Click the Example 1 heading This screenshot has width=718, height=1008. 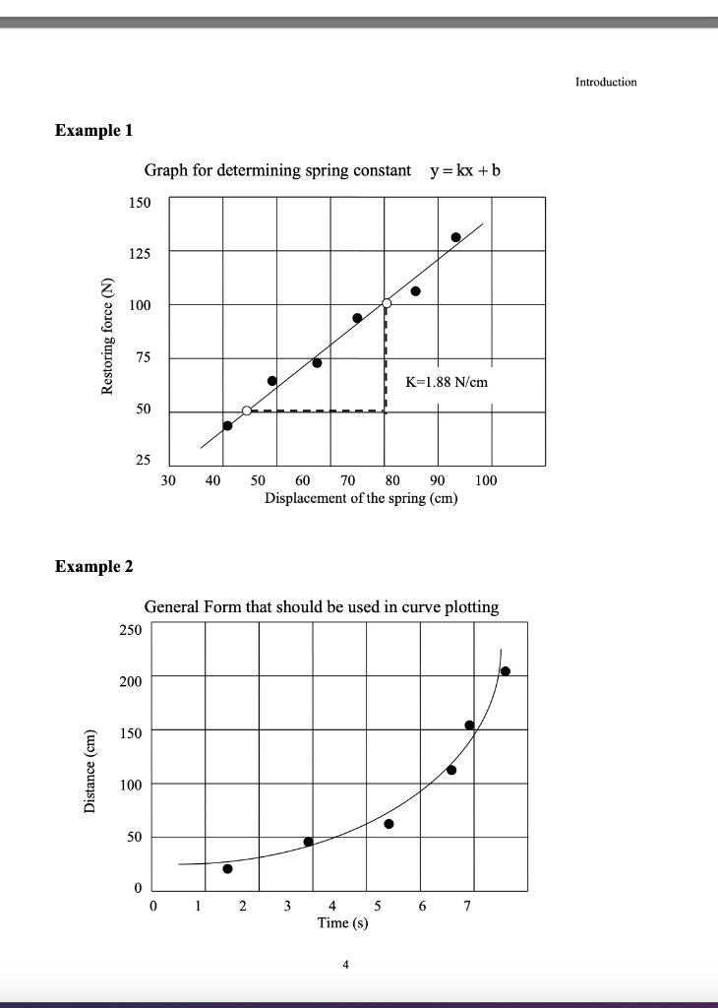pyautogui.click(x=94, y=130)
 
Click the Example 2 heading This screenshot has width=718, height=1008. pyautogui.click(x=94, y=566)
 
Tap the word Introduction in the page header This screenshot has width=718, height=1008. pyautogui.click(x=606, y=82)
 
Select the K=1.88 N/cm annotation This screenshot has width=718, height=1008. pyautogui.click(x=447, y=382)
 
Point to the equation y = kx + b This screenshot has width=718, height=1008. pyautogui.click(x=465, y=170)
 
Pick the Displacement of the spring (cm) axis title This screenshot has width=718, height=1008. pyautogui.click(x=361, y=498)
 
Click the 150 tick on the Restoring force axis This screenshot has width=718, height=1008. pyautogui.click(x=140, y=202)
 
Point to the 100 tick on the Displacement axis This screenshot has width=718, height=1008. pyautogui.click(x=486, y=480)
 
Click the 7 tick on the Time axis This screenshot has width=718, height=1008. pyautogui.click(x=468, y=906)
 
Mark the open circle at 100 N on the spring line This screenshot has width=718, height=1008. pyautogui.click(x=387, y=303)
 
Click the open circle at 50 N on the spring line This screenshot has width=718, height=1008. pyautogui.click(x=247, y=410)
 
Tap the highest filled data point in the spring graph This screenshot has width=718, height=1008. pyautogui.click(x=456, y=237)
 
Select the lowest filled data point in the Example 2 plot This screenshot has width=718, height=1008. pyautogui.click(x=227, y=868)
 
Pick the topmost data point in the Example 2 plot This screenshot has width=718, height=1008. pyautogui.click(x=506, y=671)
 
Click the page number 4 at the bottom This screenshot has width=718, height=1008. pyautogui.click(x=345, y=966)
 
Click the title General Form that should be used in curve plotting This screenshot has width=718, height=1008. pyautogui.click(x=322, y=606)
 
